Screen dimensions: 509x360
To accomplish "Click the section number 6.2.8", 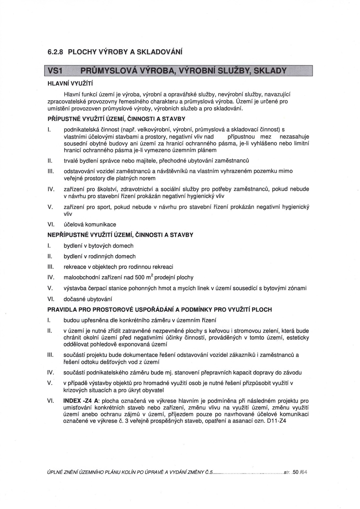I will click(x=55, y=52).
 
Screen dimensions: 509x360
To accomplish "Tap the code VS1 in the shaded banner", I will click(x=54, y=71).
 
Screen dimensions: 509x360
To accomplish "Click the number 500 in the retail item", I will click(x=140, y=278).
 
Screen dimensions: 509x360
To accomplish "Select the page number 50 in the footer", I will click(x=296, y=472).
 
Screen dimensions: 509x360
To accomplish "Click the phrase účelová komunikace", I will click(x=90, y=225).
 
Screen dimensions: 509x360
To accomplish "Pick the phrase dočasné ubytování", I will click(x=88, y=299).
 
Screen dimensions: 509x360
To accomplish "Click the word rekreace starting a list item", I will click(x=74, y=267).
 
